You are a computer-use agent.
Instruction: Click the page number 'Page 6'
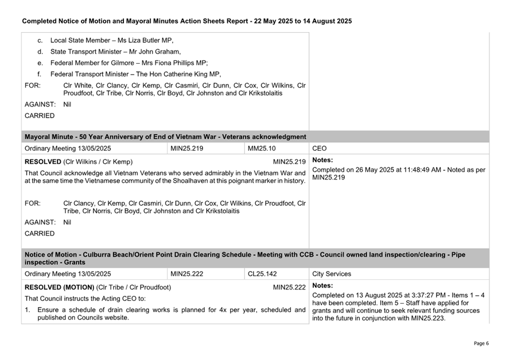pos(481,343)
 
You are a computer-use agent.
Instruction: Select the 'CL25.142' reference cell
pos(262,274)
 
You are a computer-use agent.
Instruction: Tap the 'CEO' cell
pos(320,148)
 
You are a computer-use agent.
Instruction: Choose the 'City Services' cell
pos(332,274)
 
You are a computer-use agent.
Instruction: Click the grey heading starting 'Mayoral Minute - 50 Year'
pos(165,137)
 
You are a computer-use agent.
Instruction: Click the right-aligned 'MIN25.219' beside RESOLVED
pos(289,162)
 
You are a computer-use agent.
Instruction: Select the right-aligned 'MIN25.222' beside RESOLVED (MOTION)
pos(289,287)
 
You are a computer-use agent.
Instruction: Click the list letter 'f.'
pos(40,74)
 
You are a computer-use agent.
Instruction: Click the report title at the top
pos(186,21)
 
